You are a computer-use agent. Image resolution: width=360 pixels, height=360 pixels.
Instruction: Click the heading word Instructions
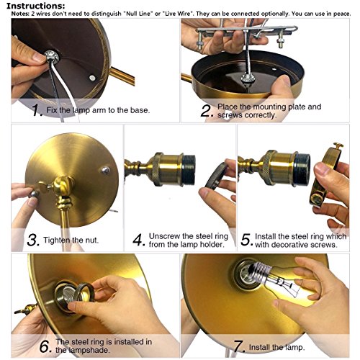pyautogui.click(x=35, y=6)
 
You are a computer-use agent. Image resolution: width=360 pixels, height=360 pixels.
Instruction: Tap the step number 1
pyautogui.click(x=37, y=110)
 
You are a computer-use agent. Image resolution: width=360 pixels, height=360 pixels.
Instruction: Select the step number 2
pyautogui.click(x=207, y=111)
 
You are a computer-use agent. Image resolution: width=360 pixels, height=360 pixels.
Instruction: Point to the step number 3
pyautogui.click(x=33, y=240)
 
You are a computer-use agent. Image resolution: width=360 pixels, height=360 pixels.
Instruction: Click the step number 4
pyautogui.click(x=139, y=240)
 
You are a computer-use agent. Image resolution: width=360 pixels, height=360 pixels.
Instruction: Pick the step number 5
pyautogui.click(x=246, y=240)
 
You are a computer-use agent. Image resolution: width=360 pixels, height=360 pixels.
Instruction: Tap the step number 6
pyautogui.click(x=45, y=346)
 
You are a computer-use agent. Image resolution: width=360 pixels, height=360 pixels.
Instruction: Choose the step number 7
pyautogui.click(x=239, y=346)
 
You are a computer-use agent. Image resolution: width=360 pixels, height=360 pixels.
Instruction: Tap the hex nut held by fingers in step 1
pyautogui.click(x=52, y=57)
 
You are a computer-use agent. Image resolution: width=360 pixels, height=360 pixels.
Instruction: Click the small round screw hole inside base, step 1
pyautogui.click(x=92, y=78)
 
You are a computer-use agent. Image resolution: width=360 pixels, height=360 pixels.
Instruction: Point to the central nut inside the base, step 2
pyautogui.click(x=247, y=78)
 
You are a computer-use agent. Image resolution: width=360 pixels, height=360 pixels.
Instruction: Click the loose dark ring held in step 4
pyautogui.click(x=215, y=176)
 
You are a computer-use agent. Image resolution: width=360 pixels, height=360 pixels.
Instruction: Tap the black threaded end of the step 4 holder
pyautogui.click(x=189, y=170)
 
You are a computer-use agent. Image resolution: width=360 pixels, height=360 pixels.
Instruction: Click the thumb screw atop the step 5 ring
pyautogui.click(x=338, y=145)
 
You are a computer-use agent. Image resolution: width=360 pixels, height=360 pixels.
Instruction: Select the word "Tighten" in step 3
pyautogui.click(x=57, y=240)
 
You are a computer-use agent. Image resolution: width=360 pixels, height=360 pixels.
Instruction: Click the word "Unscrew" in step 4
pyautogui.click(x=164, y=236)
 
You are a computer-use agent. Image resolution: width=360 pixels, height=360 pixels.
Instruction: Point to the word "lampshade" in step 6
pyautogui.click(x=82, y=350)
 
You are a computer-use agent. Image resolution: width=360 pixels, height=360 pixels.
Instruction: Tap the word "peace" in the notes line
pyautogui.click(x=342, y=14)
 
